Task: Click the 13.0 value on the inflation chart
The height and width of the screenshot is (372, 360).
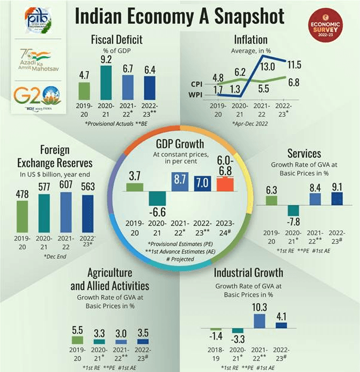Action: tap(267, 66)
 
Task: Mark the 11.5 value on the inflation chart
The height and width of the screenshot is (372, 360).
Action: tap(293, 65)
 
